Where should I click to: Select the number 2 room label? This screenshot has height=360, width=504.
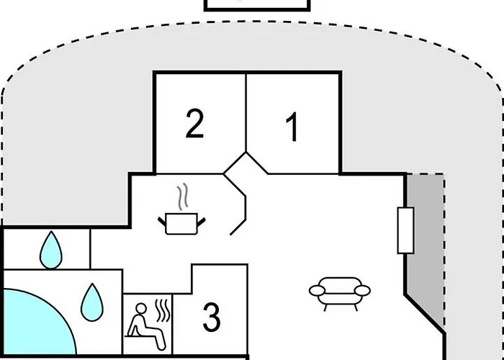[195, 123]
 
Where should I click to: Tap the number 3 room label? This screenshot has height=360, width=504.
[212, 318]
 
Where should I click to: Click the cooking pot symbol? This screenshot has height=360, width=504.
[181, 224]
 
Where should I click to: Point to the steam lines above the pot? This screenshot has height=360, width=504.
[183, 197]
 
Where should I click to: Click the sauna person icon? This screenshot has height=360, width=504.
[146, 326]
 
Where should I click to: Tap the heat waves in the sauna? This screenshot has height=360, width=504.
[162, 310]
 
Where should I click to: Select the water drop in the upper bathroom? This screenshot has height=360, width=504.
[51, 250]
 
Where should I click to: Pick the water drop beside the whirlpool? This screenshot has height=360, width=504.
[92, 302]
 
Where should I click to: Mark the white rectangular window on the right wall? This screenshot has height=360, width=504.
[405, 230]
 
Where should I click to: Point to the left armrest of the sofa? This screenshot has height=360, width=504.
[318, 291]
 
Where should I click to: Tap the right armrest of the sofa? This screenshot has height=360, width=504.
[362, 291]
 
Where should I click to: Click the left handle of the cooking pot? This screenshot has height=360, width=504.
[162, 222]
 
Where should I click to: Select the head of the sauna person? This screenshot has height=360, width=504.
[141, 308]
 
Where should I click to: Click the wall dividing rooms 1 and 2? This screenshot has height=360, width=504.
[246, 112]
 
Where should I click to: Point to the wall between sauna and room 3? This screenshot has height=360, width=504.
[172, 324]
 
